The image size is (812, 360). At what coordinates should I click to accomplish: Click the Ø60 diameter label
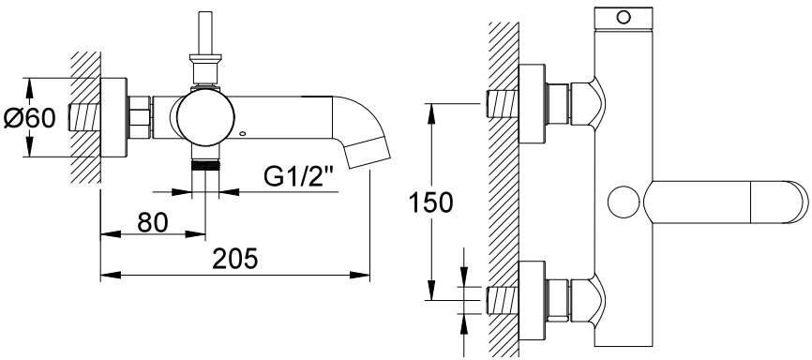29,118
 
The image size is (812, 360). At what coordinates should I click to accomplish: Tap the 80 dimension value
153,223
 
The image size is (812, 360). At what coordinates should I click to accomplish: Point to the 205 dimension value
235,259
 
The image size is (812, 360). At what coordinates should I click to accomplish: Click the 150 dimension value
431,202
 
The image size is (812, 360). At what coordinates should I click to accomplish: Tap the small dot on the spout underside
242,134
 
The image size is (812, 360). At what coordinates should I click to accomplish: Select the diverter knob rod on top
205,32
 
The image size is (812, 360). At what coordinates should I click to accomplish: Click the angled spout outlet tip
368,154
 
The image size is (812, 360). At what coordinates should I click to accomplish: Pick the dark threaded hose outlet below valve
205,165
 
